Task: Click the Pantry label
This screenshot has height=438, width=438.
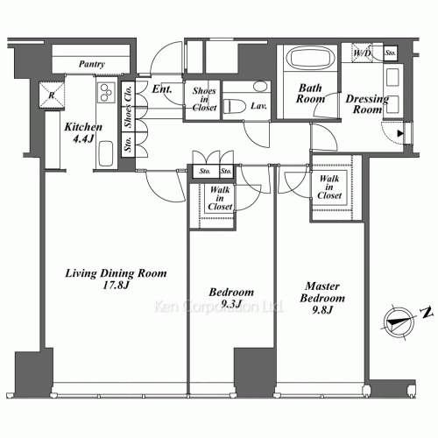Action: [x=92, y=64]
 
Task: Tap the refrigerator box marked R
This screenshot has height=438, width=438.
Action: [x=52, y=95]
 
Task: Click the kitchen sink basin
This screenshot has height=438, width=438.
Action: [x=106, y=153]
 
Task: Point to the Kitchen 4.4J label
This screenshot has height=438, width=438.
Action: [x=83, y=132]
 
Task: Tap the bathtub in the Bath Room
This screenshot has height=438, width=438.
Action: [x=310, y=58]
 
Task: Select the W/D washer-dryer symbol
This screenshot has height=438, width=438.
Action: [x=362, y=53]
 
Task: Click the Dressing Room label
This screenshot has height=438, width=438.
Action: [x=367, y=104]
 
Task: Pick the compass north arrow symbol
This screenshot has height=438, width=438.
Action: [x=399, y=322]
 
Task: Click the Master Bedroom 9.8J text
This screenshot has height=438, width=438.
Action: [x=322, y=298]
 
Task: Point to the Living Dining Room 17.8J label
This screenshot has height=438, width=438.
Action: [x=116, y=279]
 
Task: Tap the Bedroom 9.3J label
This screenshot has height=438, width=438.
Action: [x=231, y=298]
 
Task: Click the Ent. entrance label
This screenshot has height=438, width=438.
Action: [x=162, y=88]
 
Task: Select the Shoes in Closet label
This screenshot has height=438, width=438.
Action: [x=204, y=99]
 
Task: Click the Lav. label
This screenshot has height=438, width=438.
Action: [x=258, y=106]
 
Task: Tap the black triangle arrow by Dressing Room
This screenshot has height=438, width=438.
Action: [x=400, y=134]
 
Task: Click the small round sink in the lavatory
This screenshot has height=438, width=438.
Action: [x=260, y=87]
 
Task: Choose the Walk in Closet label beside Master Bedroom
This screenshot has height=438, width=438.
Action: [x=329, y=187]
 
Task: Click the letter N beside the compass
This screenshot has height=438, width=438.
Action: [x=427, y=313]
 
